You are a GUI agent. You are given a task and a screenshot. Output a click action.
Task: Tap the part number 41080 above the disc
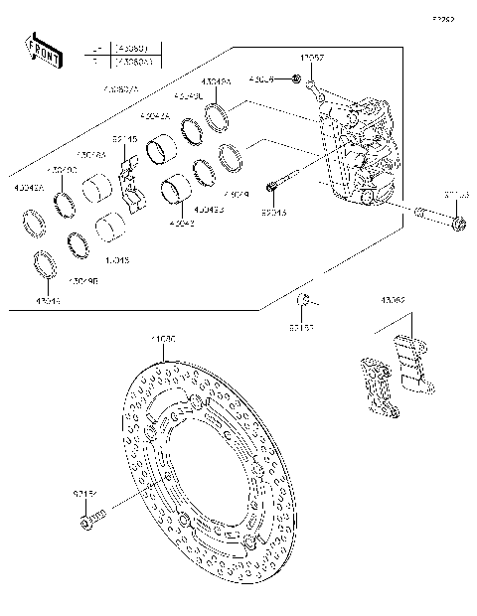163,340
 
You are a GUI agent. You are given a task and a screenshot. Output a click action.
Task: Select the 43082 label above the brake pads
394,299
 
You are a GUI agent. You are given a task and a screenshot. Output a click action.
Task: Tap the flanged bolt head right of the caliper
456,224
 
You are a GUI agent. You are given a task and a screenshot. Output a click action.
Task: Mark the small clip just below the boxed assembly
307,301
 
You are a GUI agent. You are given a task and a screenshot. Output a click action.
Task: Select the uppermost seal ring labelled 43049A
219,119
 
